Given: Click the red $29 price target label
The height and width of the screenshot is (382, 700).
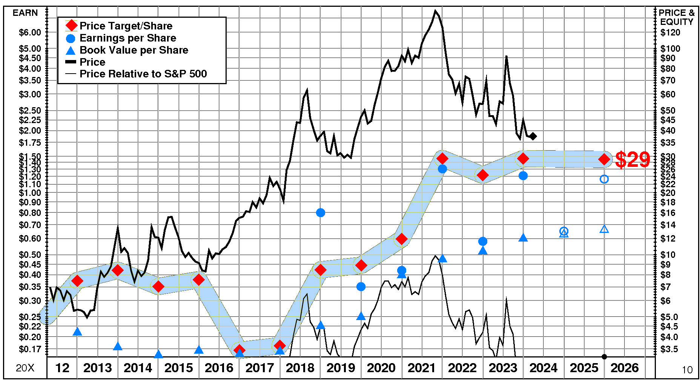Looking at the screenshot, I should (x=632, y=160).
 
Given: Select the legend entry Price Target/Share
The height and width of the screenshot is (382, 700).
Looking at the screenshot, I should (x=126, y=26).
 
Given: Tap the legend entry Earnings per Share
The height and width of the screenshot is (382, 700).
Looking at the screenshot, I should (x=128, y=38).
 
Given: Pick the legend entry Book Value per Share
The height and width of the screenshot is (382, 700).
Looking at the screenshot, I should (x=134, y=50).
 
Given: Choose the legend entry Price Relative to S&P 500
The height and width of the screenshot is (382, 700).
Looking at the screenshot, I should (x=143, y=74).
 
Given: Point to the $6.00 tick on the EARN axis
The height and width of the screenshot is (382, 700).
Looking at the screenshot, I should (x=30, y=32).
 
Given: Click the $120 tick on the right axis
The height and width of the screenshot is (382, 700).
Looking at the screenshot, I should (x=670, y=32).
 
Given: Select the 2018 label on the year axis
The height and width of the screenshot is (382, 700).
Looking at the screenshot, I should (x=300, y=368).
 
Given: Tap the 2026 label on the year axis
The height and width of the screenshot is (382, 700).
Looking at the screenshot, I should (x=625, y=368).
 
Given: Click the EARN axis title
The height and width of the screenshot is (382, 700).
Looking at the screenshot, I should (x=25, y=13).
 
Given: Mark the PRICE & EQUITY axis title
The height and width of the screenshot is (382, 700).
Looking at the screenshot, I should (x=677, y=17).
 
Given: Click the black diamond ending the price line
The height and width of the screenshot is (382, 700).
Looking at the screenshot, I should (x=533, y=136).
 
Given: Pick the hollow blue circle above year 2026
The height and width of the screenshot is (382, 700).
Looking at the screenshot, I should (x=604, y=179).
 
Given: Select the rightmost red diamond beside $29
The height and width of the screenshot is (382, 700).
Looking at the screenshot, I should (x=604, y=159).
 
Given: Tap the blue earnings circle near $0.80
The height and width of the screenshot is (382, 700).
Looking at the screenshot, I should (x=321, y=213).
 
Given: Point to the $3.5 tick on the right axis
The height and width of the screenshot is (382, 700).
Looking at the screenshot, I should (x=669, y=349).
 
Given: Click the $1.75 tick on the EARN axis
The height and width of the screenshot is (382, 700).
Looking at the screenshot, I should (x=30, y=143).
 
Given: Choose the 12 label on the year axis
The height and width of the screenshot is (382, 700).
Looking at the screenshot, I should (x=62, y=368).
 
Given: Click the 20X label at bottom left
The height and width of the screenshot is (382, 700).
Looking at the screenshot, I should (x=25, y=368).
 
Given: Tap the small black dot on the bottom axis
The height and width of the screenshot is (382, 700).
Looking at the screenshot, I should (x=604, y=357).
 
